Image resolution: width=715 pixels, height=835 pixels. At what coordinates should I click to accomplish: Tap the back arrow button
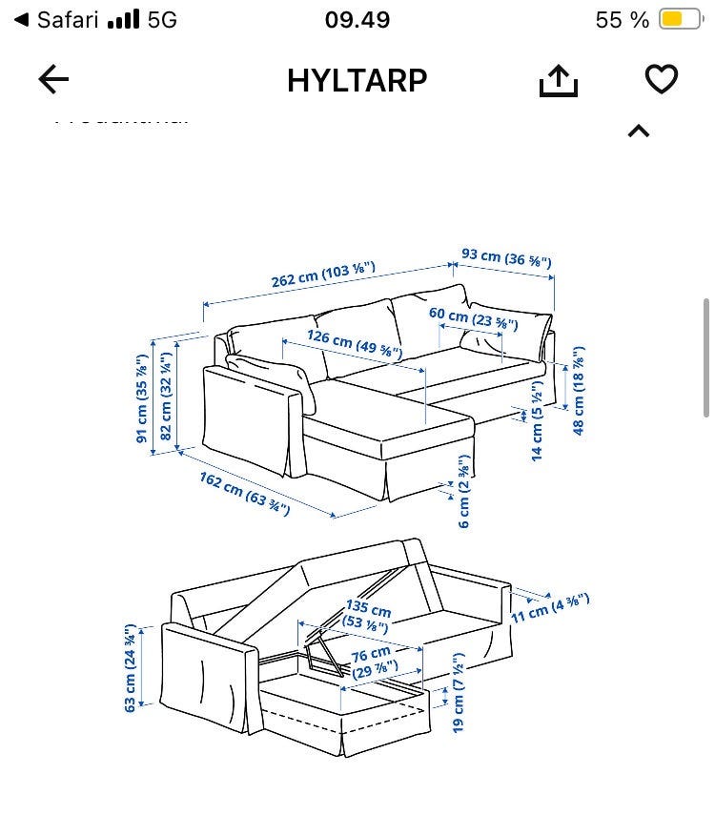pos(53,80)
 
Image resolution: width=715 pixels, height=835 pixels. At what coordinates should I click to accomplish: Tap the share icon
pos(559,82)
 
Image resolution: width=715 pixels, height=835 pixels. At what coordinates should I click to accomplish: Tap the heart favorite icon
pos(661,80)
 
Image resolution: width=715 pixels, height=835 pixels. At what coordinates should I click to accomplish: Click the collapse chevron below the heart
pos(638,132)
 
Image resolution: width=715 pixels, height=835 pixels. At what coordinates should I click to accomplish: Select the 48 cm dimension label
pos(579,391)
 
